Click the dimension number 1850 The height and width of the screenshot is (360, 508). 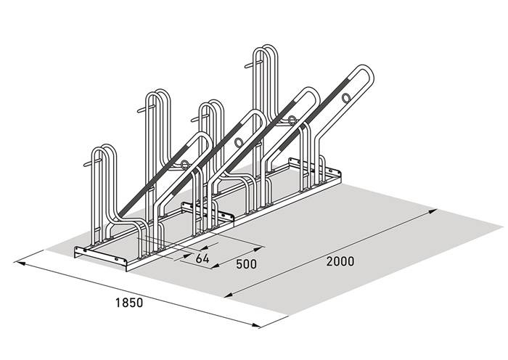[x=129, y=303]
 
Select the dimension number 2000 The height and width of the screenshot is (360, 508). [x=340, y=261]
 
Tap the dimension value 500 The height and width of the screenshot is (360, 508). [x=246, y=264]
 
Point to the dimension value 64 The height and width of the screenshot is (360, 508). [x=202, y=258]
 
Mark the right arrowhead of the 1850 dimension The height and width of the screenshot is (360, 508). [x=256, y=325]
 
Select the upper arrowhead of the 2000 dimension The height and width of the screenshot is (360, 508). [x=433, y=211]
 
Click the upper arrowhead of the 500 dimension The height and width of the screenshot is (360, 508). [x=258, y=249]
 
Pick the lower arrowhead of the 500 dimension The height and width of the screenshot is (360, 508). [x=216, y=266]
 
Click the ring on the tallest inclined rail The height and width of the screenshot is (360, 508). [x=346, y=97]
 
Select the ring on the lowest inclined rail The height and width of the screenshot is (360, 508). [x=184, y=165]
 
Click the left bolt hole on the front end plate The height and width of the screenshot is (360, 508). [x=85, y=250]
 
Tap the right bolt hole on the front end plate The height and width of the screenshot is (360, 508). [x=116, y=260]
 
